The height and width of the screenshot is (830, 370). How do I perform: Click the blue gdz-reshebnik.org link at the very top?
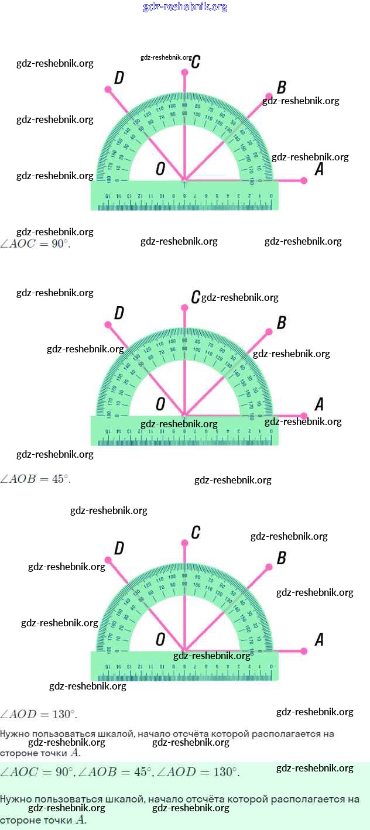tap(185, 7)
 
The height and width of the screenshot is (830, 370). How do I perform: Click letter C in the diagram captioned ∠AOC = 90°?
tap(196, 61)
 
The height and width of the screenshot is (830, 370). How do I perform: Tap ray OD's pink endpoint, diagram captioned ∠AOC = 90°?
tap(108, 90)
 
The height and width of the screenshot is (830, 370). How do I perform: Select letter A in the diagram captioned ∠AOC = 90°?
tap(319, 170)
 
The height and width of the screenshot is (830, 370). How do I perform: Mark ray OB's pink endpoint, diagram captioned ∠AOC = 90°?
tap(269, 96)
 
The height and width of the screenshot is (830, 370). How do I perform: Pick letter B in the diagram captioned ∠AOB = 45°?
tap(281, 323)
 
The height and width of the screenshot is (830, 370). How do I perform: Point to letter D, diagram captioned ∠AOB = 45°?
tap(119, 314)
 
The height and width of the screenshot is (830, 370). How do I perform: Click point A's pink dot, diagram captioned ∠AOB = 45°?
tap(304, 416)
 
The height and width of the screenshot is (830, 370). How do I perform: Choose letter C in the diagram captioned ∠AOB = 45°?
tap(196, 297)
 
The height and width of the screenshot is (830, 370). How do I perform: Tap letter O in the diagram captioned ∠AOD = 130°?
tap(160, 639)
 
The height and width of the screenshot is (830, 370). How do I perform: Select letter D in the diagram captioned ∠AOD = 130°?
tap(119, 548)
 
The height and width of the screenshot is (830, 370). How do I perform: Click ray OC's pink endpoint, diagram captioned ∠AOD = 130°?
tap(184, 543)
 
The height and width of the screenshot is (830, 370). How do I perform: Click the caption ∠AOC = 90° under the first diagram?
tap(35, 244)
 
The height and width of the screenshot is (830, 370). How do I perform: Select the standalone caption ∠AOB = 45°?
tap(35, 479)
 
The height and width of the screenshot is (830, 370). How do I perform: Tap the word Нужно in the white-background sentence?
tap(15, 733)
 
